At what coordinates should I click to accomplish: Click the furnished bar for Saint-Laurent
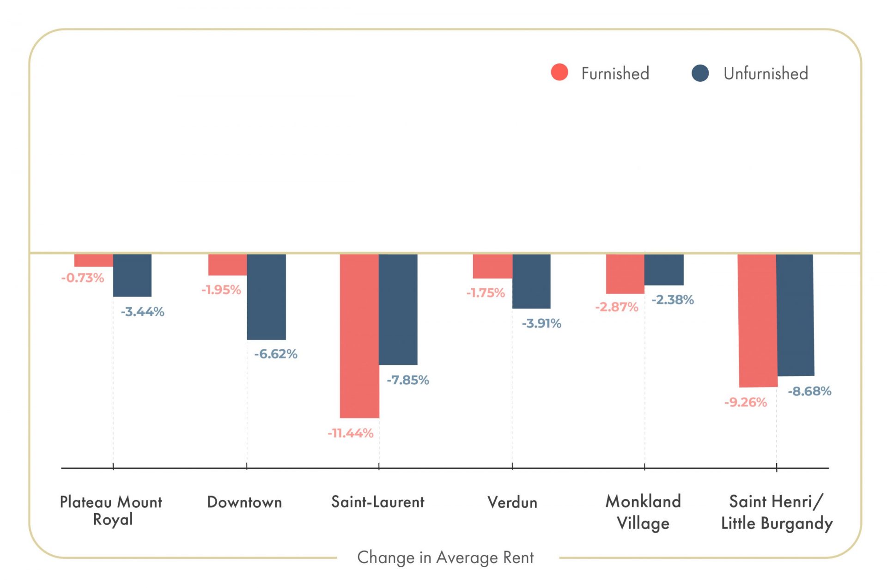[x=359, y=336]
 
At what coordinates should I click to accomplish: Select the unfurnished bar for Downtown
[x=266, y=297]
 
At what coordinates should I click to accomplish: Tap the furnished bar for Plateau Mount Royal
[x=94, y=260]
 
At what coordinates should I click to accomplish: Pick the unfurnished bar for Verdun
[x=531, y=281]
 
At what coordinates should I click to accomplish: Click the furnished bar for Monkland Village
[x=625, y=273]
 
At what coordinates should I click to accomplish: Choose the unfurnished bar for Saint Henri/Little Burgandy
[x=795, y=315]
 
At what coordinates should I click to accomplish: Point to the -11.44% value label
[x=351, y=433]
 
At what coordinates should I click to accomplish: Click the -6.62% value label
[x=276, y=354]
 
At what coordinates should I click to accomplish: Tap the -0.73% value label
[x=83, y=278]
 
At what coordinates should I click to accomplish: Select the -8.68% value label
[x=809, y=392]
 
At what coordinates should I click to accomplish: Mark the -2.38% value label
[x=673, y=300]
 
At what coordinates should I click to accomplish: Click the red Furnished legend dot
[x=559, y=72]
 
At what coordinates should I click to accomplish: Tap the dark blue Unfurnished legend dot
[x=700, y=73]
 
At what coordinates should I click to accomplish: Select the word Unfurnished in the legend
[x=766, y=73]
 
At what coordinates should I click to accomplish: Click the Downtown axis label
[x=244, y=502]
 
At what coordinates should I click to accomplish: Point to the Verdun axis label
[x=512, y=502]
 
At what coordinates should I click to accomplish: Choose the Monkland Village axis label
[x=643, y=512]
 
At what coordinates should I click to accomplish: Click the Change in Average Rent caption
[x=445, y=558]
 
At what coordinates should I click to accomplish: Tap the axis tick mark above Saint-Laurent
[x=379, y=467]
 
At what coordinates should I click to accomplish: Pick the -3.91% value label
[x=541, y=323]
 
